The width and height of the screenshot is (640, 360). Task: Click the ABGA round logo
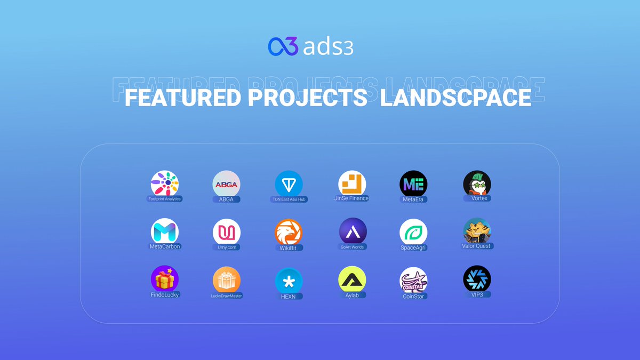coord(227,185)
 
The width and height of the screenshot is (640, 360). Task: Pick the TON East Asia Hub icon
coord(289,185)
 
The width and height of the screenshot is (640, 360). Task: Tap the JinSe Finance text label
coord(351,198)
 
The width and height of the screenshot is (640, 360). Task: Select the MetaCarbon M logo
coord(165,232)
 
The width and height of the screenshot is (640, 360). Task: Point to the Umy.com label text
coord(226,247)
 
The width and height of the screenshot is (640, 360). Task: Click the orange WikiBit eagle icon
coord(289,233)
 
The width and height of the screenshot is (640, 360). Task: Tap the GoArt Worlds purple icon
coord(353,232)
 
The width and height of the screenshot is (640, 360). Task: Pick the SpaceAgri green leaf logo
coord(413,233)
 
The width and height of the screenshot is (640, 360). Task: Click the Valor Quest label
coord(476,246)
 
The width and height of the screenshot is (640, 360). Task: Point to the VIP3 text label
coord(477,294)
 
